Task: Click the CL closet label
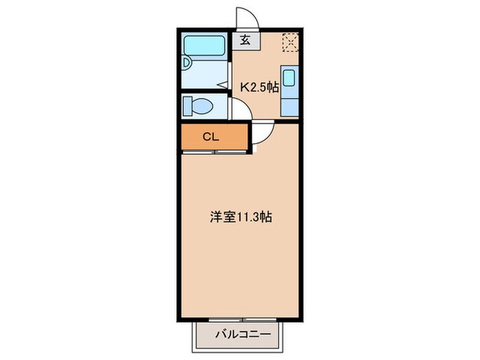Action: click(x=210, y=136)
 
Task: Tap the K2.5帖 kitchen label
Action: click(x=259, y=87)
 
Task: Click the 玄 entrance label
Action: click(x=245, y=40)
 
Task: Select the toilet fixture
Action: click(x=202, y=106)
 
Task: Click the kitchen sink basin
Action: click(x=289, y=77)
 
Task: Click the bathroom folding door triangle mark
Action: click(x=224, y=85)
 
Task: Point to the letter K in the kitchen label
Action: click(x=243, y=87)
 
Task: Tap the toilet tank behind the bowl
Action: click(x=187, y=106)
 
